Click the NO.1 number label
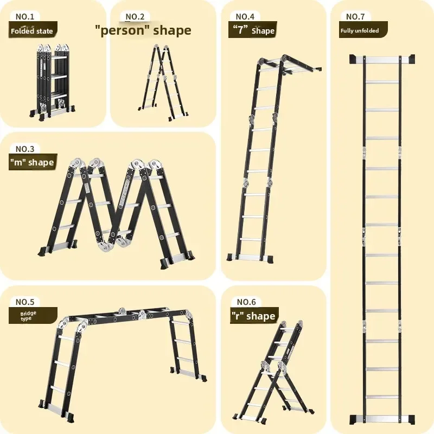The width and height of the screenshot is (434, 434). (x=25, y=16)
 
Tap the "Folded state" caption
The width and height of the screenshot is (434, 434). (x=32, y=31)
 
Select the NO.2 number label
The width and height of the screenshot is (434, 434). (x=135, y=16)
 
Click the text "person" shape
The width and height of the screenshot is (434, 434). (x=143, y=30)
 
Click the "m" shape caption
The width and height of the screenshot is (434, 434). (x=32, y=162)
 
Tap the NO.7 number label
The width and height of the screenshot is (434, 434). (x=355, y=16)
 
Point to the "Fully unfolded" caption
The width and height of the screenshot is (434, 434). (x=360, y=30)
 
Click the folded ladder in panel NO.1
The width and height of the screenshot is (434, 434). (x=52, y=81)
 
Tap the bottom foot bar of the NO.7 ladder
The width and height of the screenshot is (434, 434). (x=382, y=418)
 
